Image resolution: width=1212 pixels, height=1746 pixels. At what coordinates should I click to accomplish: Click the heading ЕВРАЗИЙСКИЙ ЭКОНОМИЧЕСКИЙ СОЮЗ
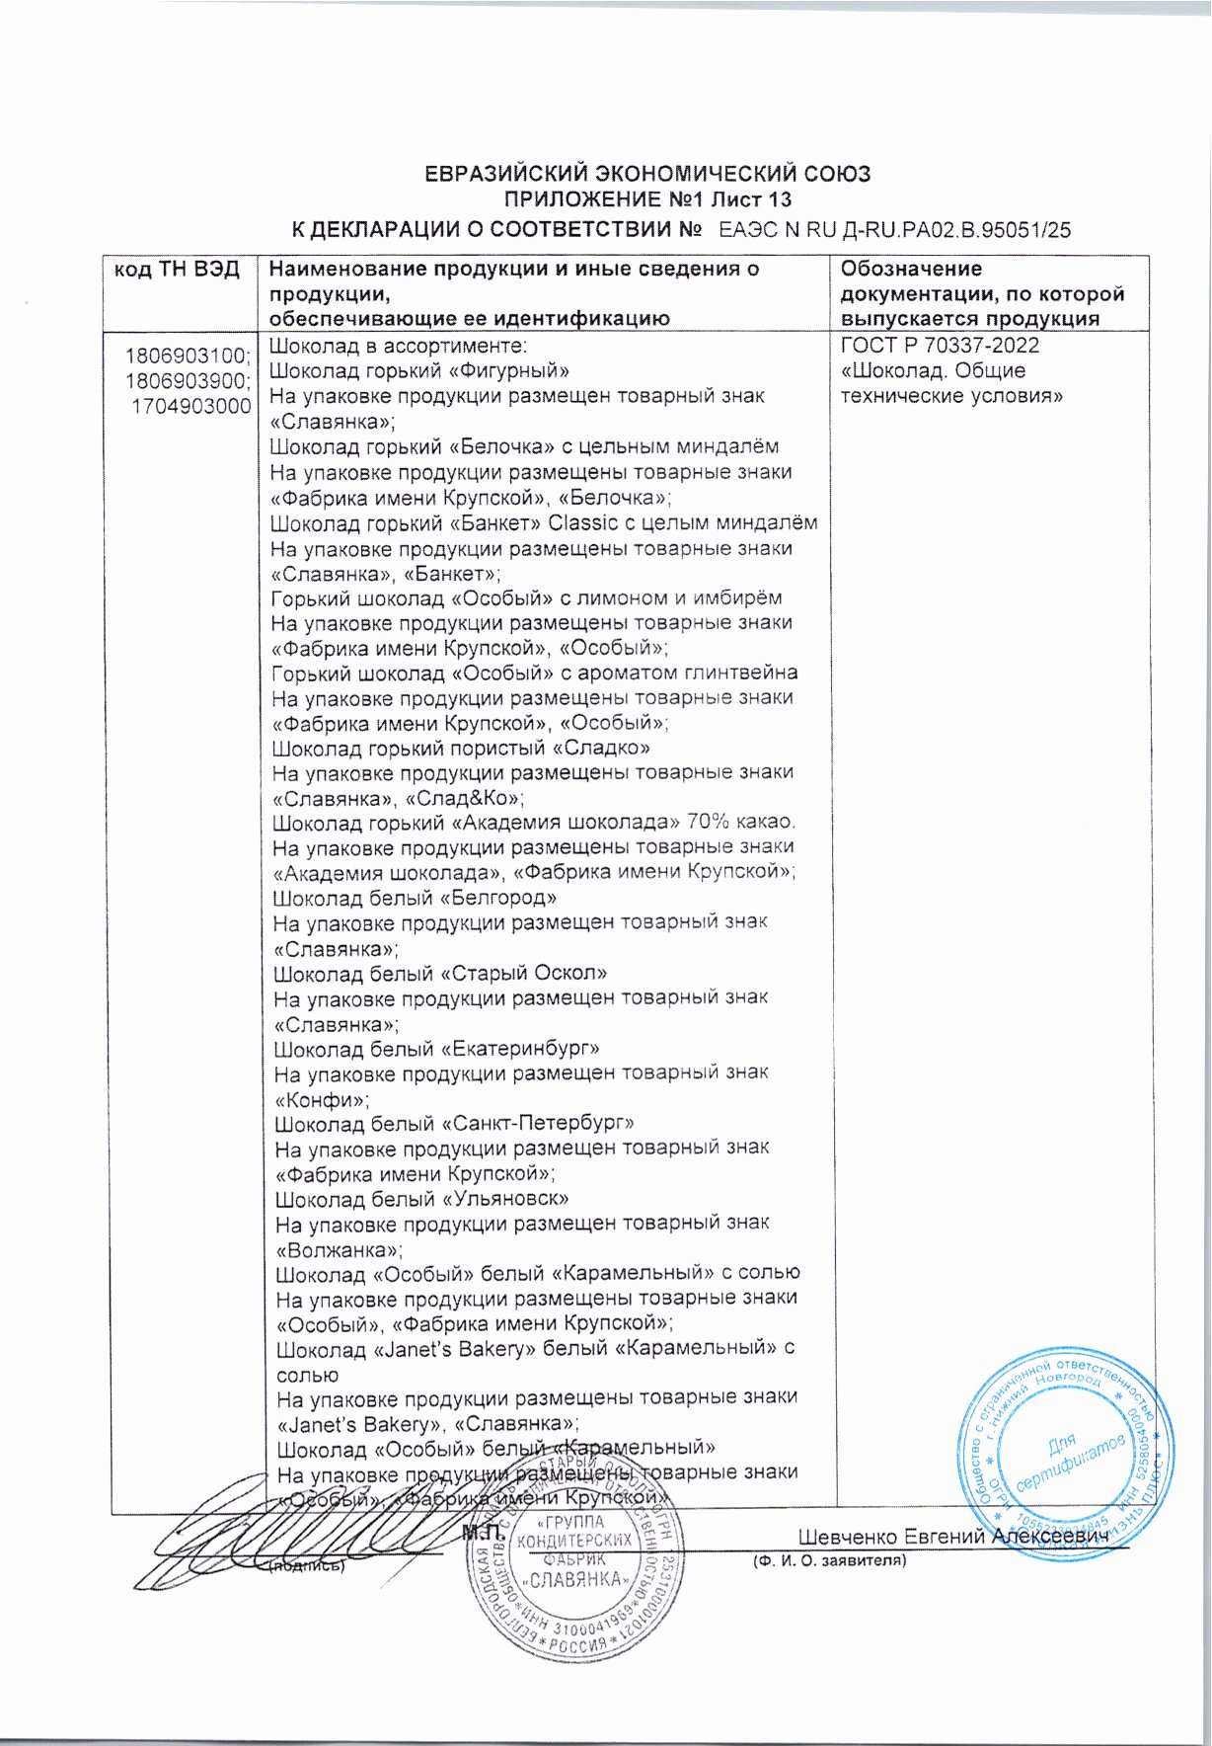click(646, 175)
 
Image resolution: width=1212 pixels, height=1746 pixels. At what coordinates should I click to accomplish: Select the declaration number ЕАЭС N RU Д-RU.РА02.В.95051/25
click(895, 231)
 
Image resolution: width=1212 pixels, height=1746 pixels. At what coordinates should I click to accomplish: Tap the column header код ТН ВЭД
click(178, 270)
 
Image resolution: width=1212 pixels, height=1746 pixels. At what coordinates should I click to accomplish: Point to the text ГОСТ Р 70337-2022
click(940, 346)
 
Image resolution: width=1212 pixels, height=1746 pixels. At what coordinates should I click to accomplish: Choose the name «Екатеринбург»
click(520, 1048)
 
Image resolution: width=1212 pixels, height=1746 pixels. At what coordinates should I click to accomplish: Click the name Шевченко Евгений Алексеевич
click(953, 1537)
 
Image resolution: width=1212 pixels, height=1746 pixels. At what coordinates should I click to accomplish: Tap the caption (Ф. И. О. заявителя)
click(828, 1561)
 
